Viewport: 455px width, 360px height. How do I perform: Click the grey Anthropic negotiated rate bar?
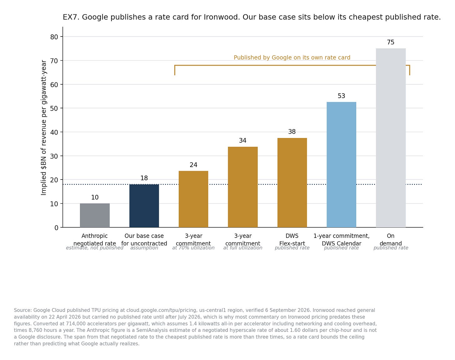click(95, 215)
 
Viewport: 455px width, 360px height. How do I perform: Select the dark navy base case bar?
click(144, 206)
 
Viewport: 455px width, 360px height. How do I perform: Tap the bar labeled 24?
click(193, 199)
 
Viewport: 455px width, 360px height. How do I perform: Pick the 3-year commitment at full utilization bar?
click(243, 187)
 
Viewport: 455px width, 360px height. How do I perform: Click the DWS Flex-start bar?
click(292, 183)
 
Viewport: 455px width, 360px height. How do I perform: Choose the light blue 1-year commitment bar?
click(341, 165)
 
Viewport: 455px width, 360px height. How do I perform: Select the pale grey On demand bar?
click(391, 138)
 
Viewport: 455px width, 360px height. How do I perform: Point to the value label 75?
click(391, 42)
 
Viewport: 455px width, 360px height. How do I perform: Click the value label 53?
click(341, 96)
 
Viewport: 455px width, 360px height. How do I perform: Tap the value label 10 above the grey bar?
click(95, 197)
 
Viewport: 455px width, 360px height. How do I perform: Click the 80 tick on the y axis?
click(54, 37)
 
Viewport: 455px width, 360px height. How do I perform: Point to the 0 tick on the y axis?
click(56, 228)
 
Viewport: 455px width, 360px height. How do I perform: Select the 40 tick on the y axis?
click(54, 132)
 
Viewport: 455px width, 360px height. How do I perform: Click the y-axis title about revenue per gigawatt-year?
click(43, 128)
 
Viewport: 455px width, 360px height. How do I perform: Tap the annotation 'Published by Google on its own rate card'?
click(292, 57)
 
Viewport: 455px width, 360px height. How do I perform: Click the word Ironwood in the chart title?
click(222, 17)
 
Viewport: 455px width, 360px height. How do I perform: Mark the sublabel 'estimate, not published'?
click(94, 248)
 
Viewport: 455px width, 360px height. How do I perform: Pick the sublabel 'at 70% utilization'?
click(193, 248)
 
